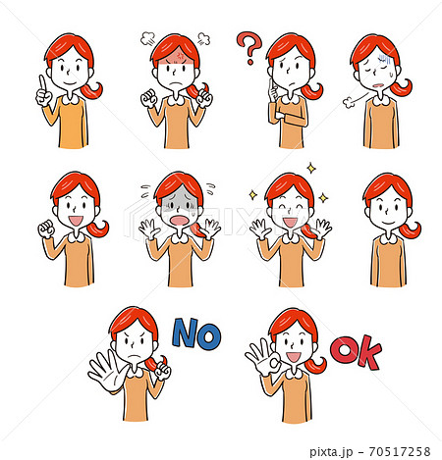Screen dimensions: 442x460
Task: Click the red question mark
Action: [x=249, y=46]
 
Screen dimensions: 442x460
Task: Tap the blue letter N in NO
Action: [x=185, y=332]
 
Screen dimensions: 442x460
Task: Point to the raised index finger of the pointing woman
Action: [x=42, y=83]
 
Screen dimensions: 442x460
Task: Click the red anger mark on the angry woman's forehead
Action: [x=180, y=56]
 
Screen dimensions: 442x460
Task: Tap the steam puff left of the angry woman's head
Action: [x=147, y=39]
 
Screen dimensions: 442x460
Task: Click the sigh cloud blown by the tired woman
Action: [x=349, y=103]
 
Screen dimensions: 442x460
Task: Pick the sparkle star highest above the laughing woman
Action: [x=311, y=168]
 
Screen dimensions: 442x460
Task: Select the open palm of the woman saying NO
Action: [x=107, y=371]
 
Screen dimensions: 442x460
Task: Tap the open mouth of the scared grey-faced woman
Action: [x=179, y=221]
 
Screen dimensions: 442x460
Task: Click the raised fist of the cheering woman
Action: [x=46, y=230]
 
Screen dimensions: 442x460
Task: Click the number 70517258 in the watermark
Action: [x=400, y=452]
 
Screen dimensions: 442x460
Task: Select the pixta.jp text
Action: [x=331, y=452]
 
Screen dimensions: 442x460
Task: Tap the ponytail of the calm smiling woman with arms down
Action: [x=410, y=230]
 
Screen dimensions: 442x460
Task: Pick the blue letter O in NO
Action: [x=209, y=336]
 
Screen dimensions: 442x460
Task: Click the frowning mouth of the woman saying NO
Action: [x=133, y=356]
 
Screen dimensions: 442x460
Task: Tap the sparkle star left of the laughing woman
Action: [x=253, y=195]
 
